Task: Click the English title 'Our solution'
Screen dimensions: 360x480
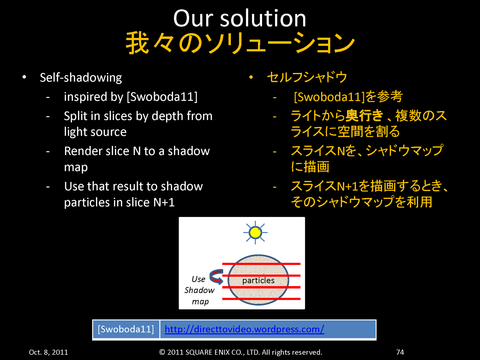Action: click(240, 18)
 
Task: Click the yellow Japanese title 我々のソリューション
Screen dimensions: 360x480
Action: click(240, 43)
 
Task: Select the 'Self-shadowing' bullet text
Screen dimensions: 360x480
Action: click(81, 78)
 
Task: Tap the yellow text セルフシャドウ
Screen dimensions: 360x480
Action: click(307, 77)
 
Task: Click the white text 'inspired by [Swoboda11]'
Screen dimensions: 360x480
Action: click(131, 97)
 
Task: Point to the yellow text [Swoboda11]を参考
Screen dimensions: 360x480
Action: click(348, 97)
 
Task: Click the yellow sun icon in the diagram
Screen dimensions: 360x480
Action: click(255, 232)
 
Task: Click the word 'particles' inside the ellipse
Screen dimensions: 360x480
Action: click(258, 280)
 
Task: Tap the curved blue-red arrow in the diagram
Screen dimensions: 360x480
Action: click(216, 277)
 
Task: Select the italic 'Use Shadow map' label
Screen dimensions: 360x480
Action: click(199, 290)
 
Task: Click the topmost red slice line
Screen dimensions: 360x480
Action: click(261, 264)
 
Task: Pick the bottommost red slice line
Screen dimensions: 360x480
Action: click(261, 299)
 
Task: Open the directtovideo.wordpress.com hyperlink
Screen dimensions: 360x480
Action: click(244, 329)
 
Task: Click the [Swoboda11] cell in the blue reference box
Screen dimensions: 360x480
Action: click(126, 329)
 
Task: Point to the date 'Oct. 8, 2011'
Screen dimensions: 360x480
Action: click(48, 352)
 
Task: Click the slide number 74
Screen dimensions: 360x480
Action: click(400, 352)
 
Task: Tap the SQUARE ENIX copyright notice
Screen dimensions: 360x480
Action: click(241, 352)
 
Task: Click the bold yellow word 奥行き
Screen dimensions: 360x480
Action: click(364, 116)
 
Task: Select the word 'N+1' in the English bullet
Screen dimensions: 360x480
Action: click(164, 203)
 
